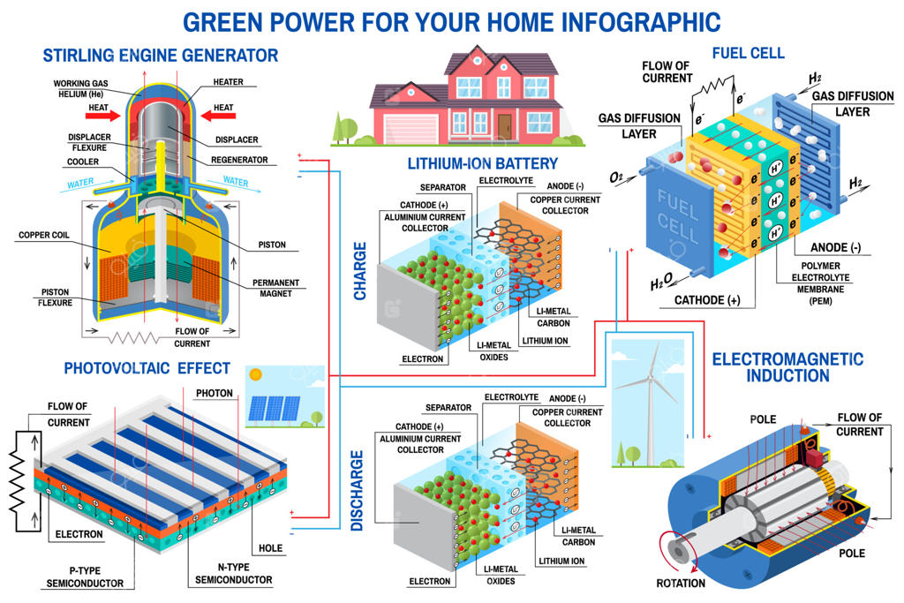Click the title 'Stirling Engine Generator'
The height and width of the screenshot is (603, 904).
coord(161,56)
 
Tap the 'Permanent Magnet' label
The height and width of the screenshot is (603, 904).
coord(275,288)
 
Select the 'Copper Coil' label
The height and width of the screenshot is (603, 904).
coord(44,235)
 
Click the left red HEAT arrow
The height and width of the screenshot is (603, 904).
coord(102,116)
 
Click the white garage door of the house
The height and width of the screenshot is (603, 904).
coord(411,128)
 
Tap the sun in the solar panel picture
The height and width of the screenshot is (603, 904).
coord(255,374)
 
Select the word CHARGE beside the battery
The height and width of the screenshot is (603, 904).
coord(360,271)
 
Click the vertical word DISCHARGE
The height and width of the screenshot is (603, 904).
coord(357,490)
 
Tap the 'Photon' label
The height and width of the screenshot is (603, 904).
coord(215,393)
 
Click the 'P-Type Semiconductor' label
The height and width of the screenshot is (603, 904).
coord(85,577)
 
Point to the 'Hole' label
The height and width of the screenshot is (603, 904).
coord(270,547)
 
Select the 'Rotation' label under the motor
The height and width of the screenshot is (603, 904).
coord(681,583)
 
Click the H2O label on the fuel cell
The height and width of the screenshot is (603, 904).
coord(661,282)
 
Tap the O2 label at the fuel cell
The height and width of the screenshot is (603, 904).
coord(616,177)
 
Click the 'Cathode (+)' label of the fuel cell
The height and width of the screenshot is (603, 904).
coord(707,300)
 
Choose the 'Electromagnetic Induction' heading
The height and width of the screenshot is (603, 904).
coord(787,367)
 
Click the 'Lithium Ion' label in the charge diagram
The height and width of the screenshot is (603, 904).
coord(545,341)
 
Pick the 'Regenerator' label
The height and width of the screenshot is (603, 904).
coord(239,160)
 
